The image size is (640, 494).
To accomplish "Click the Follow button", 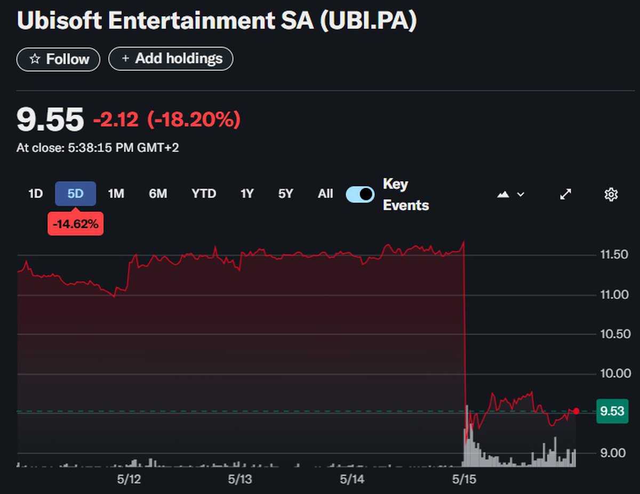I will point(58,59).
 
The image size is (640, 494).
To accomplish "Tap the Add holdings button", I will point(171,59).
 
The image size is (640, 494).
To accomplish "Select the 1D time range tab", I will point(35,194).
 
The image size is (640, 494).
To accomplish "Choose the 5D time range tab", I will point(75,194).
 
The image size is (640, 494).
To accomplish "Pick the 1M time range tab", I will point(116,194).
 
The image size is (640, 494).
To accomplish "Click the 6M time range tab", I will point(158,194).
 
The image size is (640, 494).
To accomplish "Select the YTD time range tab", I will point(204,194).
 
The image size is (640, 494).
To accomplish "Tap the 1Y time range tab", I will point(246,194).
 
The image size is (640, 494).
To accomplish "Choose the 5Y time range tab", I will point(286,194).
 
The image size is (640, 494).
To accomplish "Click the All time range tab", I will point(325,194).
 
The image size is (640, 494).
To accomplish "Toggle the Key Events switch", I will point(360,195).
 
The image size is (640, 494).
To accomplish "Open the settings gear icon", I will point(611,195).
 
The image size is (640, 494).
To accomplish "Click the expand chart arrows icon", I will point(565,195).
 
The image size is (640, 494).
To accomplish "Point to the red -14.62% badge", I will point(76,224).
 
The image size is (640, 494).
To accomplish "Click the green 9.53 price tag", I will point(611,411).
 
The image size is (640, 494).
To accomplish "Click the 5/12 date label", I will point(129,479).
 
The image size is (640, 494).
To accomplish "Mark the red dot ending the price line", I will point(576,411).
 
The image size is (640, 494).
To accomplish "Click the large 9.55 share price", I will point(50,119).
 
